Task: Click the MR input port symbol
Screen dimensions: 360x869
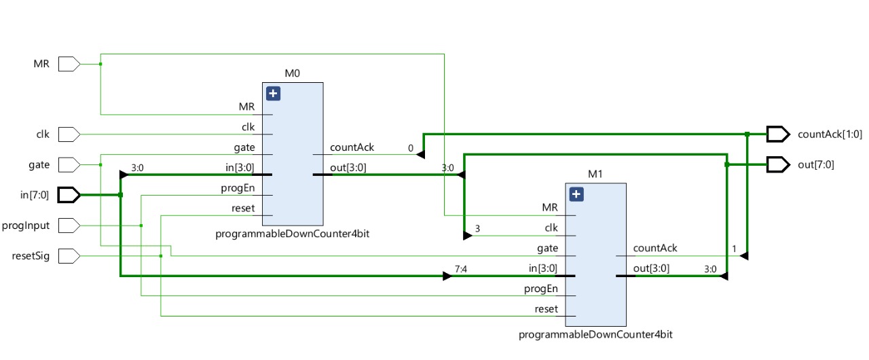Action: [69, 64]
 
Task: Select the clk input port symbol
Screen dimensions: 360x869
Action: [69, 134]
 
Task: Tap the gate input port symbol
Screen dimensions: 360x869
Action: [69, 164]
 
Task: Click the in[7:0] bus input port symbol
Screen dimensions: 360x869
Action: [69, 195]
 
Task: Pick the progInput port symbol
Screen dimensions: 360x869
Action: [69, 225]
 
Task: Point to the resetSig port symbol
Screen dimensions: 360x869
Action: [69, 256]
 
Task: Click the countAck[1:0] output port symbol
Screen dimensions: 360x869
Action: [778, 134]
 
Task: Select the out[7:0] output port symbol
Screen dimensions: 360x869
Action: [778, 164]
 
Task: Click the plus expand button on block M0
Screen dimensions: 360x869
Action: [273, 94]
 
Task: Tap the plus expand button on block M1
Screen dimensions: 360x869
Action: [576, 195]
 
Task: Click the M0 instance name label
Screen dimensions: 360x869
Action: [292, 73]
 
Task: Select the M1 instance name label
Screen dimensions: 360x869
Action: [595, 174]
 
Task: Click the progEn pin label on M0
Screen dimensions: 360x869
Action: [238, 188]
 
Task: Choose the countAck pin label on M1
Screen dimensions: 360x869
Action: [655, 249]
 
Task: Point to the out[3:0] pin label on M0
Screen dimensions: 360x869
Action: [348, 168]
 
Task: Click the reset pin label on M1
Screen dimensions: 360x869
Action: [546, 309]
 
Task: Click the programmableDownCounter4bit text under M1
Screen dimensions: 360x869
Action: [595, 335]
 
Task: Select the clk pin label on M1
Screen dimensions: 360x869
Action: [551, 228]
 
